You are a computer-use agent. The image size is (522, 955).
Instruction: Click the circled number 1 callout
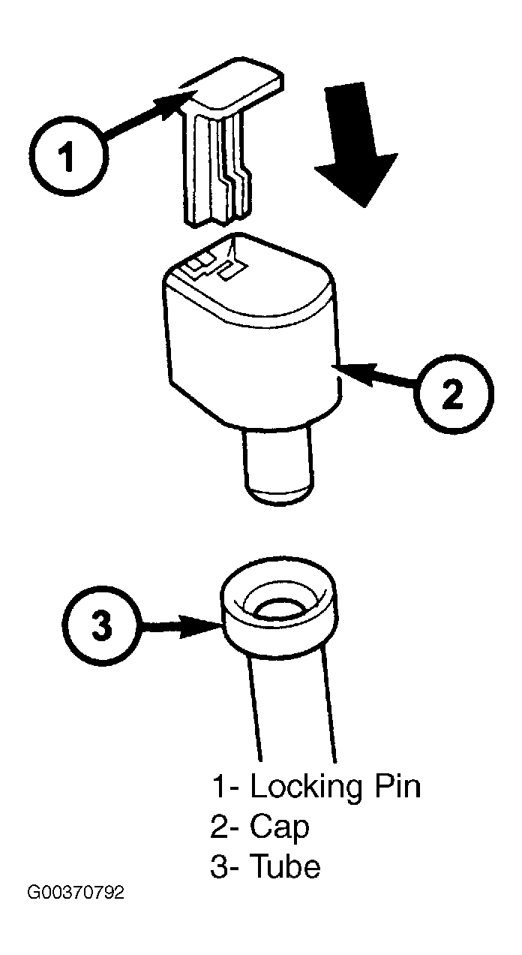pyautogui.click(x=68, y=158)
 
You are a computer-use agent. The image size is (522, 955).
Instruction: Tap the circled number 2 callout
pyautogui.click(x=454, y=393)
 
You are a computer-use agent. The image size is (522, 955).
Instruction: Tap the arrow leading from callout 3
pyautogui.click(x=181, y=627)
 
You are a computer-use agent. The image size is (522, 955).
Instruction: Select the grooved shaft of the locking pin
pyautogui.click(x=217, y=170)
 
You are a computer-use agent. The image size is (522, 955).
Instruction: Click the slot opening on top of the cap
pyautogui.click(x=217, y=260)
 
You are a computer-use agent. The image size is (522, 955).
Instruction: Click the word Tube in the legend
pyautogui.click(x=284, y=866)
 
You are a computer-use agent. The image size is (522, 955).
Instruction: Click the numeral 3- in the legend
pyautogui.click(x=226, y=866)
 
